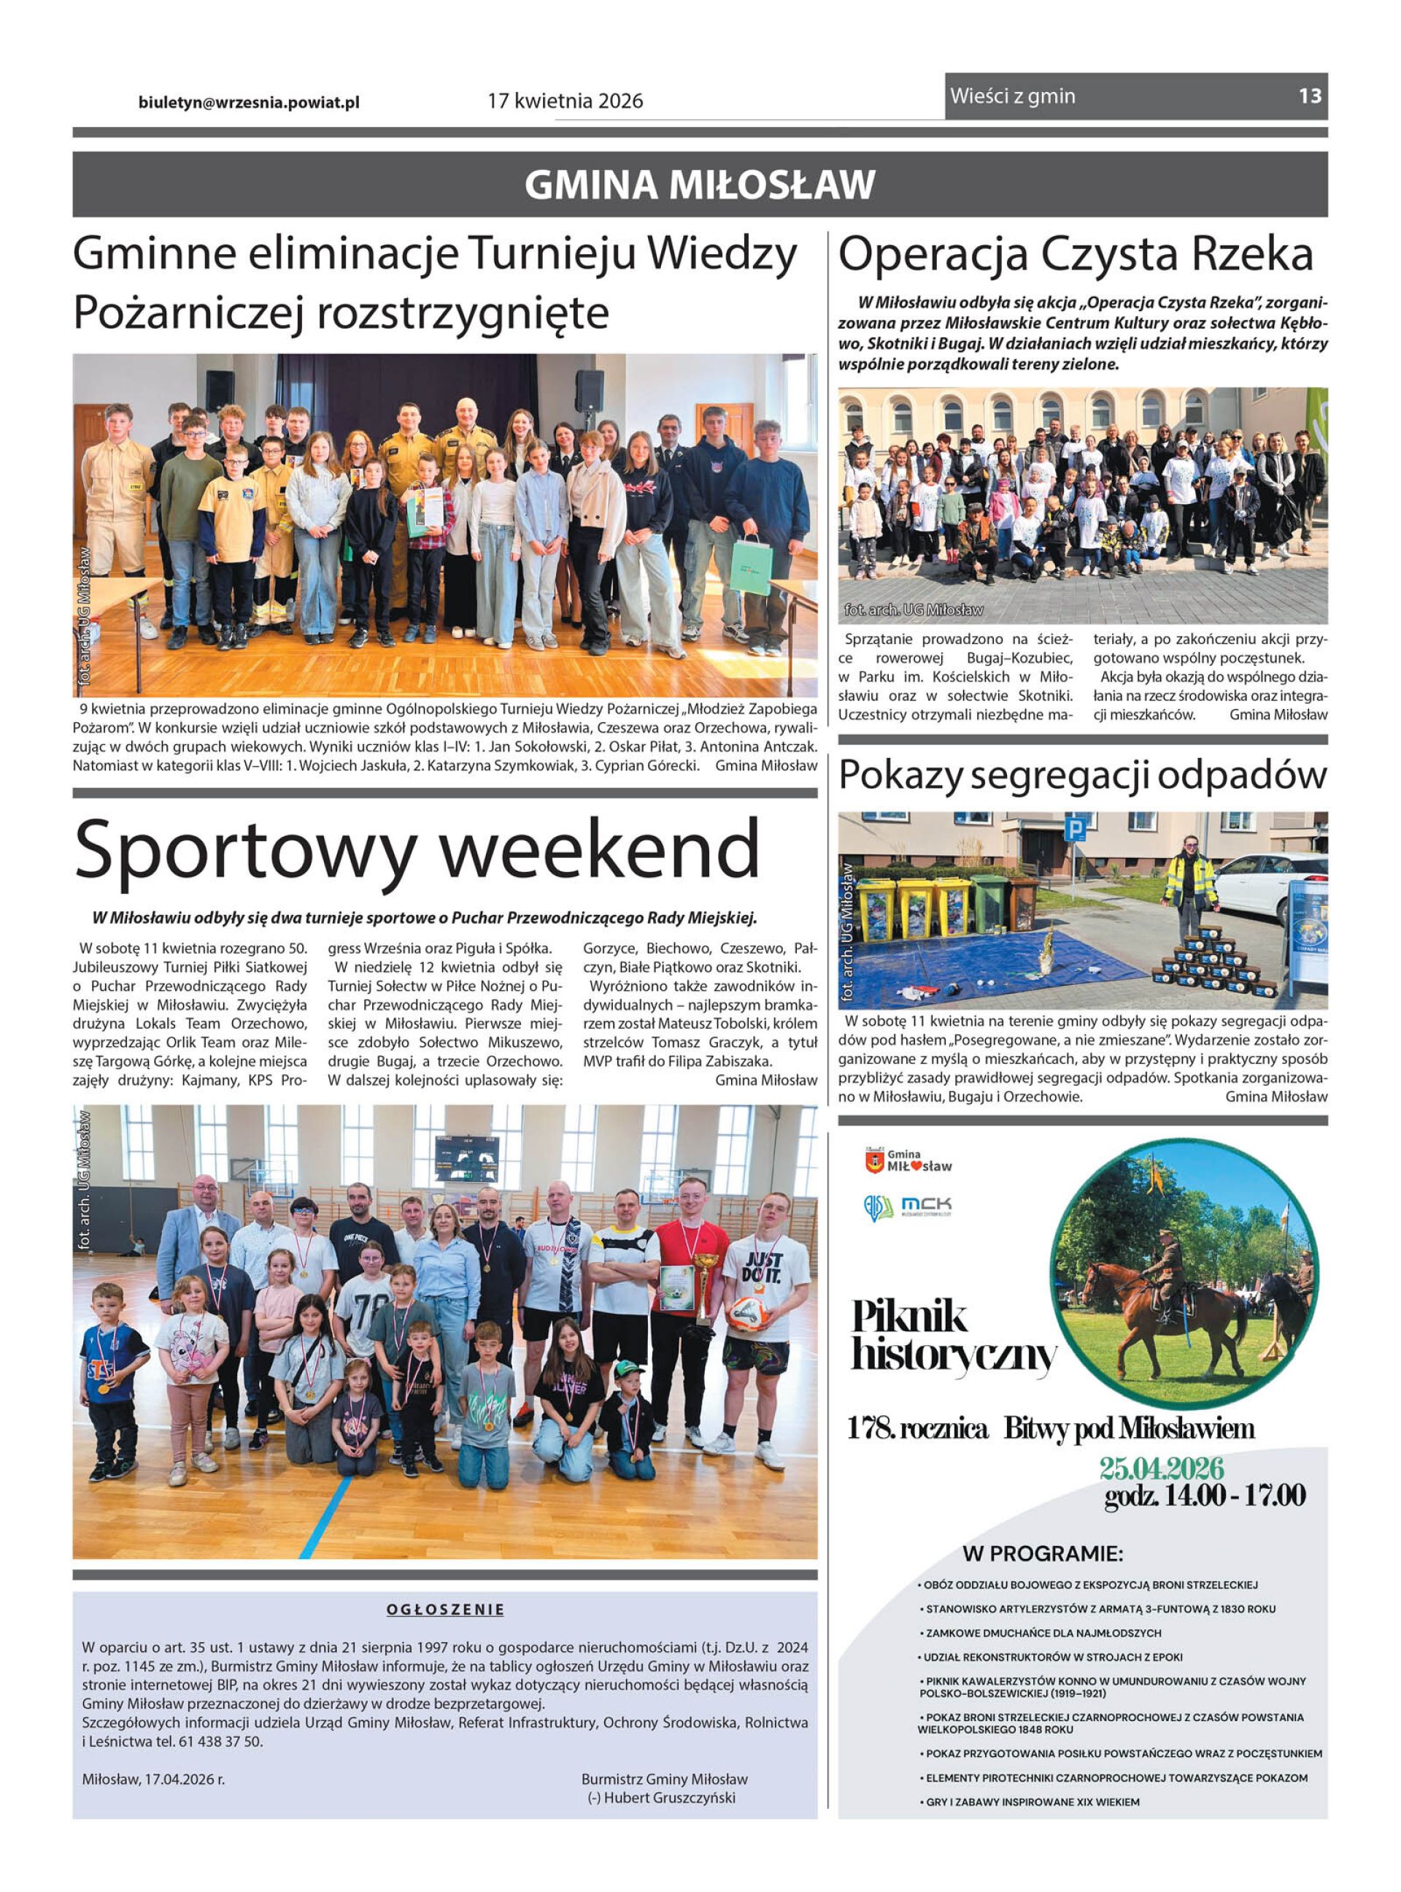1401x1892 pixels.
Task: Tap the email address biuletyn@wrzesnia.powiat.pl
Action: (x=249, y=102)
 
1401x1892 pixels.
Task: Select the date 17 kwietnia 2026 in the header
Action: (x=565, y=101)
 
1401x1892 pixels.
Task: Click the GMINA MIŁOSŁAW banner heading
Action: (x=700, y=185)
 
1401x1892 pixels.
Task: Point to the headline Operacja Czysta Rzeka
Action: (x=1076, y=255)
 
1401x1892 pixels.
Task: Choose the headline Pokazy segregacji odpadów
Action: (x=1082, y=775)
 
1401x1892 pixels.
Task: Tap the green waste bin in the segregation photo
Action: (x=990, y=905)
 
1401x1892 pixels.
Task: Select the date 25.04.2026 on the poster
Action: (x=1161, y=1467)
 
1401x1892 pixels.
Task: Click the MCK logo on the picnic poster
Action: (x=926, y=1205)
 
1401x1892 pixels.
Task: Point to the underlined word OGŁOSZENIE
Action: (x=445, y=1609)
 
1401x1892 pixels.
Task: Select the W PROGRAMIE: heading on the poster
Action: (x=1042, y=1555)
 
